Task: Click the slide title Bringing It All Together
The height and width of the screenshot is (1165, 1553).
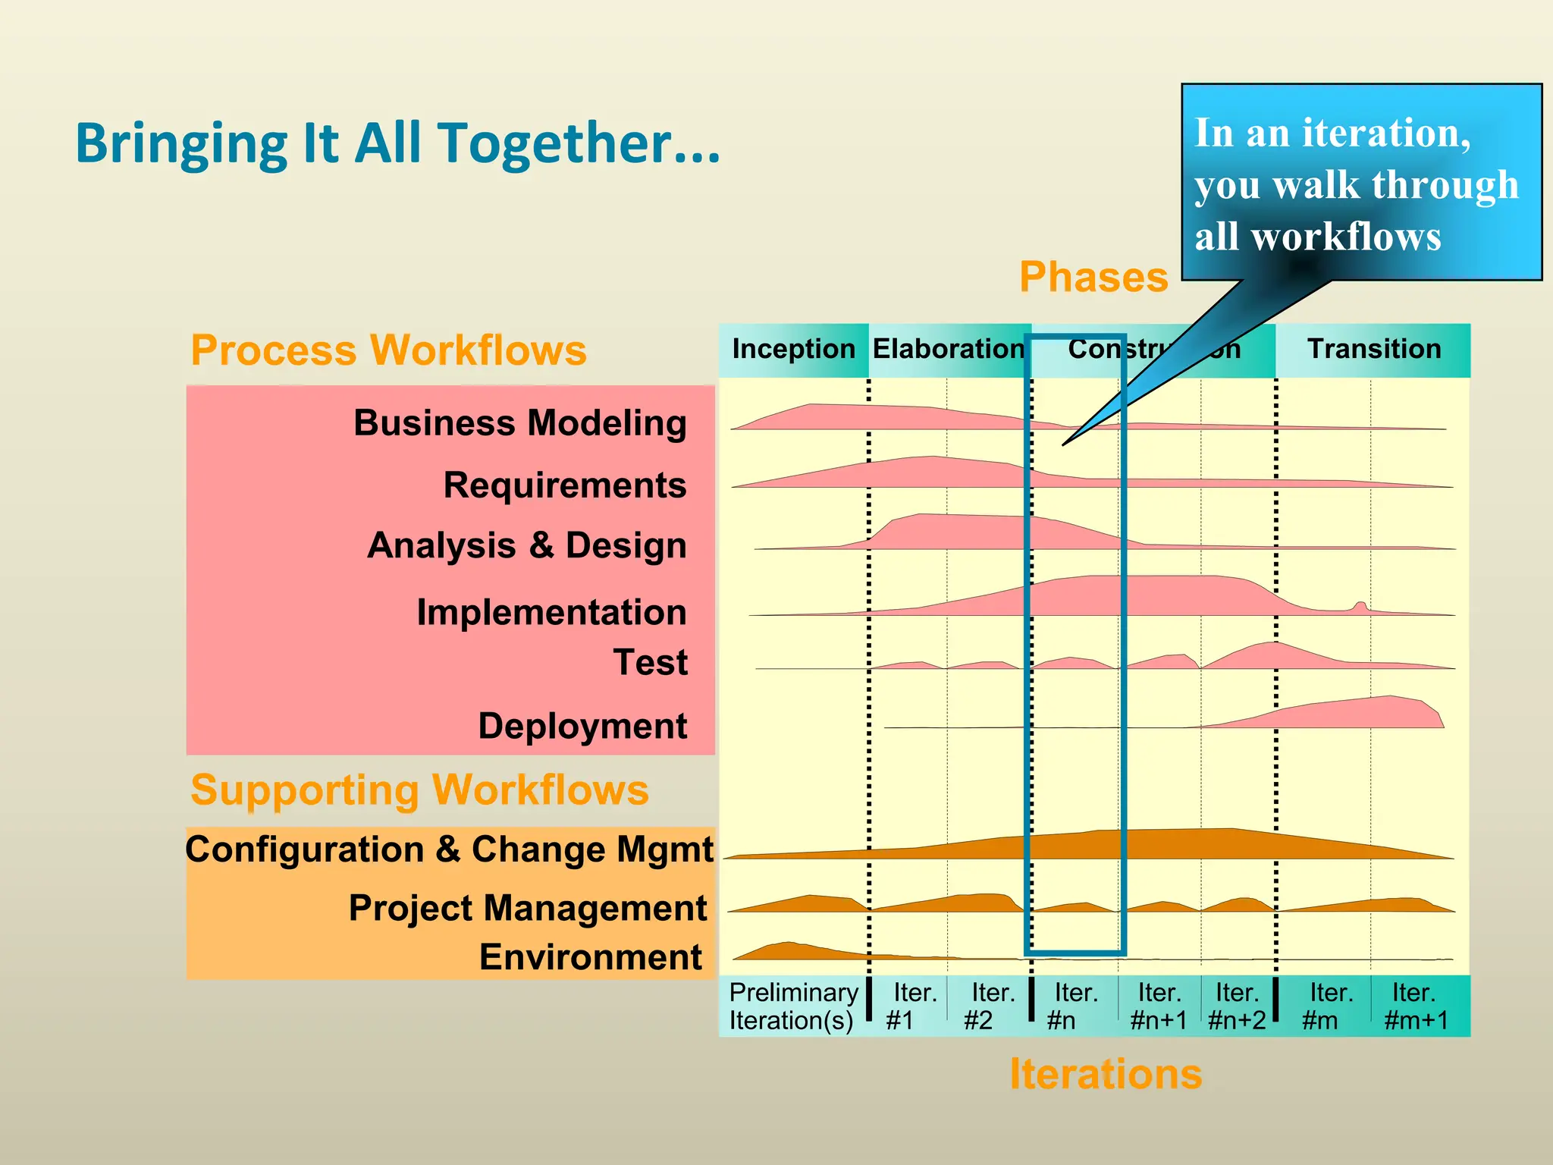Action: point(397,143)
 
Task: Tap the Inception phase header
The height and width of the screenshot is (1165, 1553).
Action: point(793,350)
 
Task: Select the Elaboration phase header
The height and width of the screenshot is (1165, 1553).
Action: point(948,350)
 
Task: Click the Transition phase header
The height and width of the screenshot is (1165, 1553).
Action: point(1373,350)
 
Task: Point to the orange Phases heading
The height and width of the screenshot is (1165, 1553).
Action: point(1093,278)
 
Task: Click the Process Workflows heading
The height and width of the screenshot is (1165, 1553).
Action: point(388,350)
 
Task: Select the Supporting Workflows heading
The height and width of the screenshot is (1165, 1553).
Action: point(419,790)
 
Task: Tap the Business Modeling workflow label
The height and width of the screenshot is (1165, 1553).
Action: point(520,423)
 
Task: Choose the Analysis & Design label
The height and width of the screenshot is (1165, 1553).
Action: point(527,546)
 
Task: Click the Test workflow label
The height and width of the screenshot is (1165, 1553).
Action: point(650,663)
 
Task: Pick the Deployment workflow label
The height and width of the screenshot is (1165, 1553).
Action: point(582,727)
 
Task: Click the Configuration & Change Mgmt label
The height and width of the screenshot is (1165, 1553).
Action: point(449,849)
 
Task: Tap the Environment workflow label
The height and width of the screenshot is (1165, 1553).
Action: point(590,957)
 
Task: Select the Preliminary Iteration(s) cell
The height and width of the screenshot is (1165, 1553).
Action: point(792,1006)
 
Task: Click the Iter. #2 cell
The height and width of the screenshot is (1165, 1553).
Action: point(988,1006)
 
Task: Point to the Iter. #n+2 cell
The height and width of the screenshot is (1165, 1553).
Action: point(1237,1006)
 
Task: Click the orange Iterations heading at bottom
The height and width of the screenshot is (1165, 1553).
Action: point(1106,1075)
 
